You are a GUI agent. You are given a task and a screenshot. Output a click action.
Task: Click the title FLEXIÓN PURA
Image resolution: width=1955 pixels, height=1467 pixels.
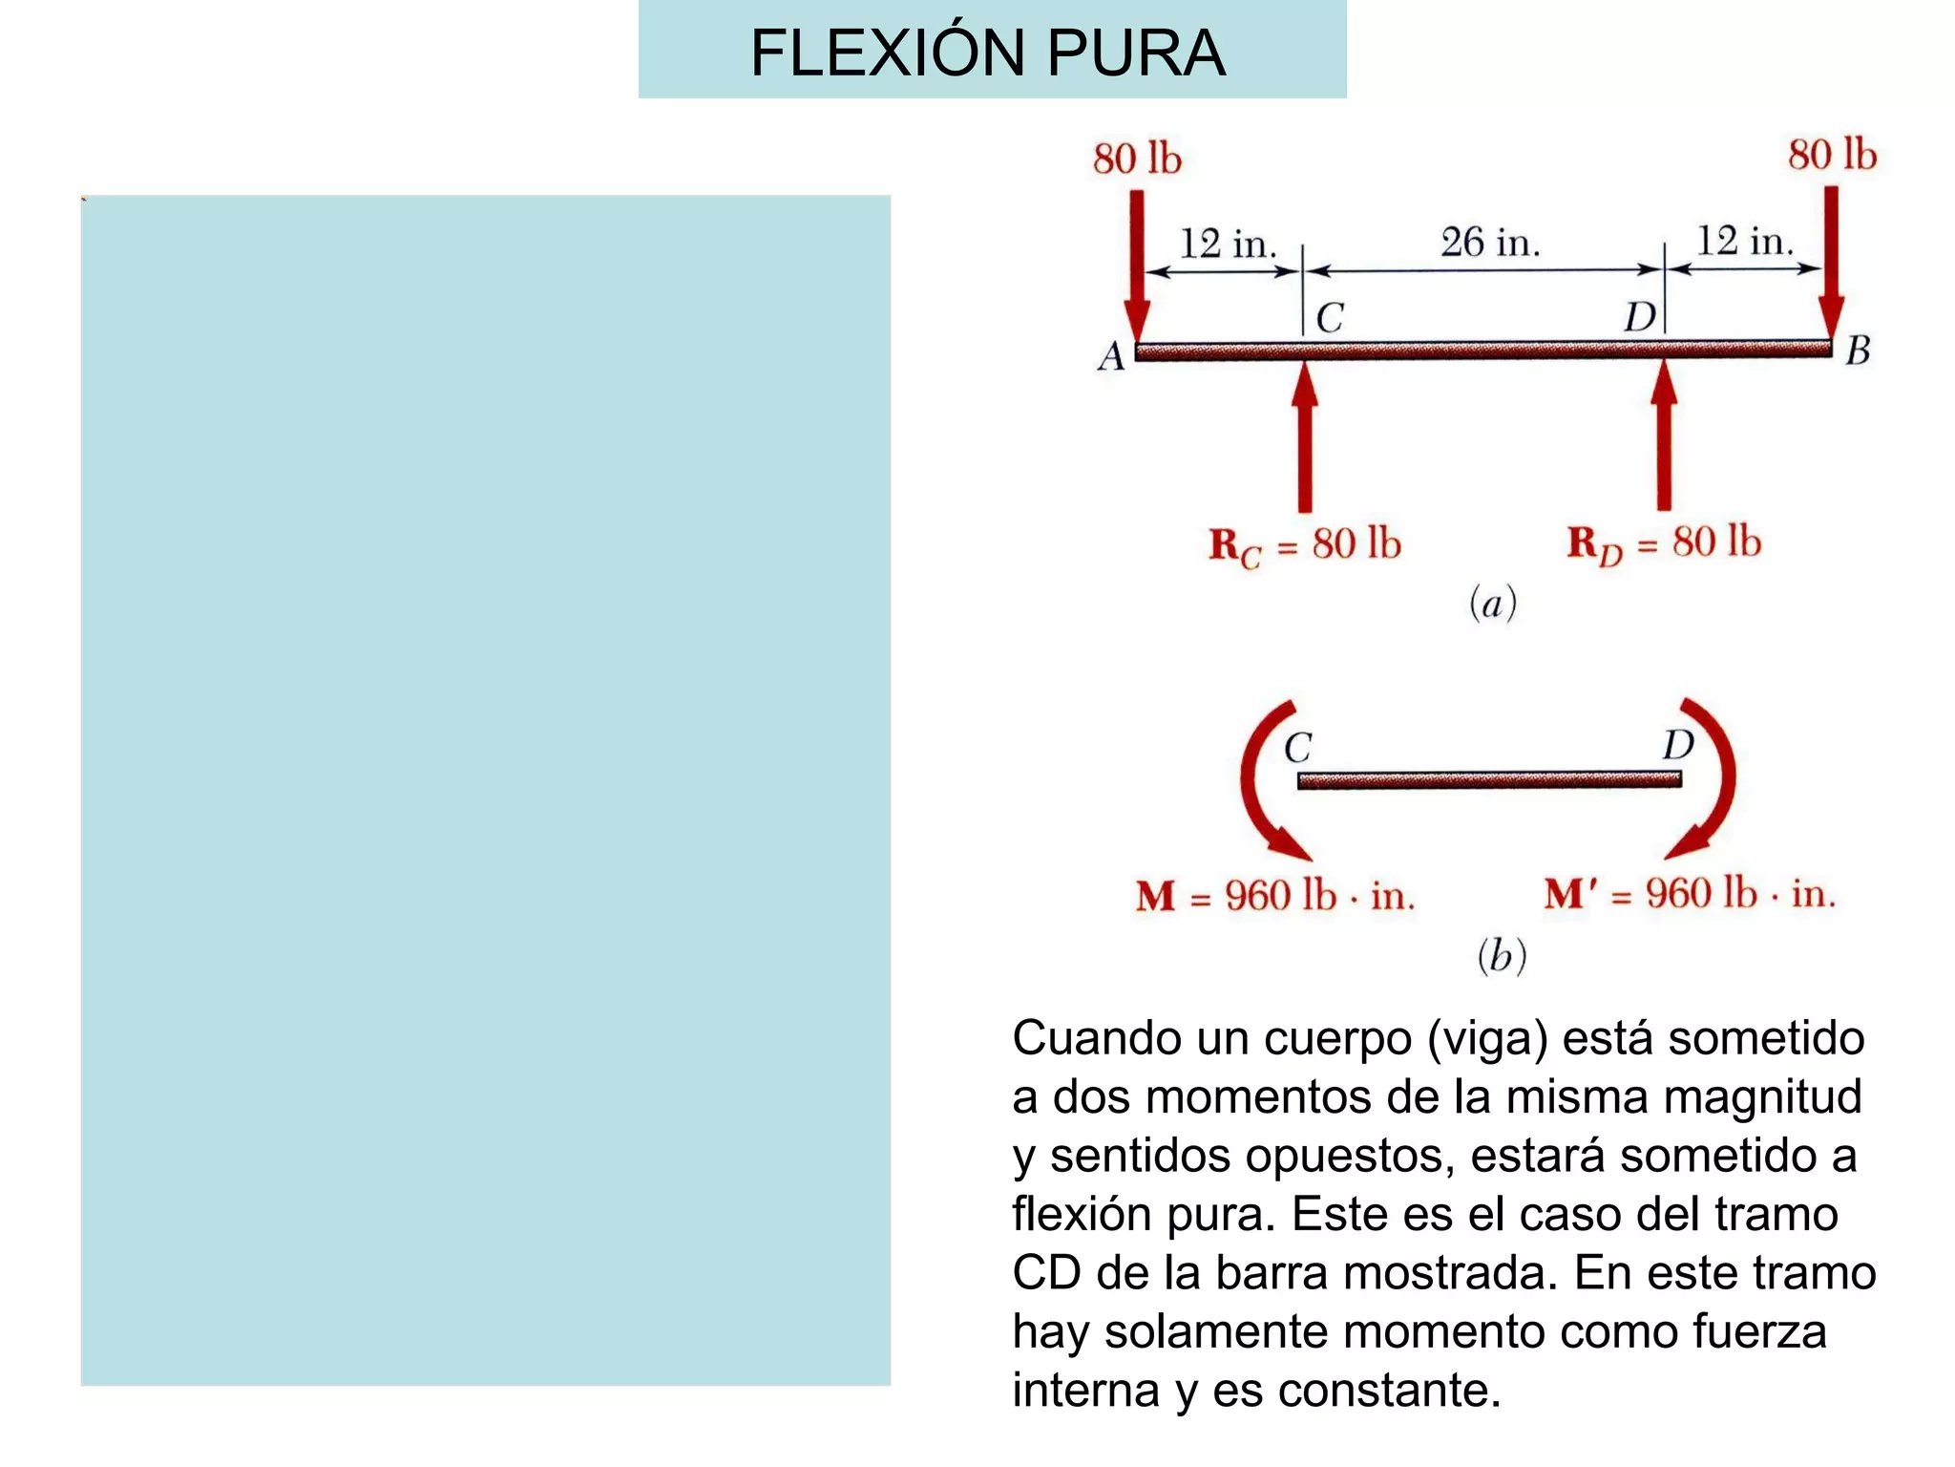(x=988, y=53)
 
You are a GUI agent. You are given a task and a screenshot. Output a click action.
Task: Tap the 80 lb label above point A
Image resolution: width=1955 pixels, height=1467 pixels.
(x=1137, y=159)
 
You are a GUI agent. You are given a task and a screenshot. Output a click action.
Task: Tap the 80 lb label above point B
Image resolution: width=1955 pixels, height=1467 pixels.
(x=1832, y=155)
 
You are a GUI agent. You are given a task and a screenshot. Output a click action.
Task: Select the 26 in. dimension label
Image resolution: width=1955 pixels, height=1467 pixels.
(x=1490, y=243)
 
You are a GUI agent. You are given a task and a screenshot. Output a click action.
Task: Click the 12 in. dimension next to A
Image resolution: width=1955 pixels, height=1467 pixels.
(x=1228, y=244)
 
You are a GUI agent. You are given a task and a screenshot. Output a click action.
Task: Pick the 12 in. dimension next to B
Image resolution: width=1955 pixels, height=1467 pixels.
(x=1745, y=241)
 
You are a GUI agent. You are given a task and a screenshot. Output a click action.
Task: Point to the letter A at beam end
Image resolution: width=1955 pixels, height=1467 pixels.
(x=1111, y=356)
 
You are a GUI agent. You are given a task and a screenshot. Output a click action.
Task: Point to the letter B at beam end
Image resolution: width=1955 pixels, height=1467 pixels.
(x=1857, y=351)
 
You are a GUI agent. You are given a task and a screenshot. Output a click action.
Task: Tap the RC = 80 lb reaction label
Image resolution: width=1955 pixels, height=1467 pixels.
(x=1305, y=545)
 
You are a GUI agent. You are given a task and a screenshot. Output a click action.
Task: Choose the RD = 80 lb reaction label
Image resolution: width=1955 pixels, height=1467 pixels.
(x=1664, y=543)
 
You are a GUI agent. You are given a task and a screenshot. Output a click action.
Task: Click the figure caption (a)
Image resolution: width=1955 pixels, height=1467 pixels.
(x=1493, y=604)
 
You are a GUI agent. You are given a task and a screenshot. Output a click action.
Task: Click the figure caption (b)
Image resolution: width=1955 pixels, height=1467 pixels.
(x=1502, y=955)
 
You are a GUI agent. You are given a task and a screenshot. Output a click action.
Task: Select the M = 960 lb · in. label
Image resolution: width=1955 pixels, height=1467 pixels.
(x=1275, y=896)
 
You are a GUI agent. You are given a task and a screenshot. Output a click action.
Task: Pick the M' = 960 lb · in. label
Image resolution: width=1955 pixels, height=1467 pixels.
(x=1690, y=894)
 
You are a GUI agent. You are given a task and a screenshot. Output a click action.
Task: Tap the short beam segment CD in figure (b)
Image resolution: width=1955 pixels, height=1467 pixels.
(x=1489, y=780)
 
